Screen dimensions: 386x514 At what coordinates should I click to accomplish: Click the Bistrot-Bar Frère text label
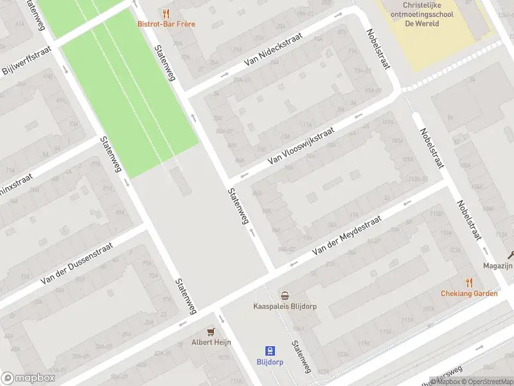click(x=166, y=24)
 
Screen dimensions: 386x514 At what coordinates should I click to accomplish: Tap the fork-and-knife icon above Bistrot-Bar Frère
click(x=166, y=13)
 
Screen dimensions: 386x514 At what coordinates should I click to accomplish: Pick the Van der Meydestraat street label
click(x=346, y=237)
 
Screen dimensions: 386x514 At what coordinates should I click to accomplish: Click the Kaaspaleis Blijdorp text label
click(x=285, y=307)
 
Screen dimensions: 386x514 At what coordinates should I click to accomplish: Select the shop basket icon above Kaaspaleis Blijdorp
click(x=285, y=295)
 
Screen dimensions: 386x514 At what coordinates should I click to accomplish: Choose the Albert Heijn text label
click(x=211, y=342)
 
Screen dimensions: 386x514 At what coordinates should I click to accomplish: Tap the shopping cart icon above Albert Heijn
click(x=211, y=331)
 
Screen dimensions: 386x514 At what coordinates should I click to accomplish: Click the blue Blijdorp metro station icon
click(x=271, y=351)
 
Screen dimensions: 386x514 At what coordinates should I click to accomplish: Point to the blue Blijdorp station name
click(x=271, y=362)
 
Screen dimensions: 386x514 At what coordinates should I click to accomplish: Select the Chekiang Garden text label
click(x=469, y=293)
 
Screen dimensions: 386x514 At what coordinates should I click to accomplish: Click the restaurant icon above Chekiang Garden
click(x=469, y=282)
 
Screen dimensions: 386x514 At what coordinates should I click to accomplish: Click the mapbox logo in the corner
click(x=28, y=378)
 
